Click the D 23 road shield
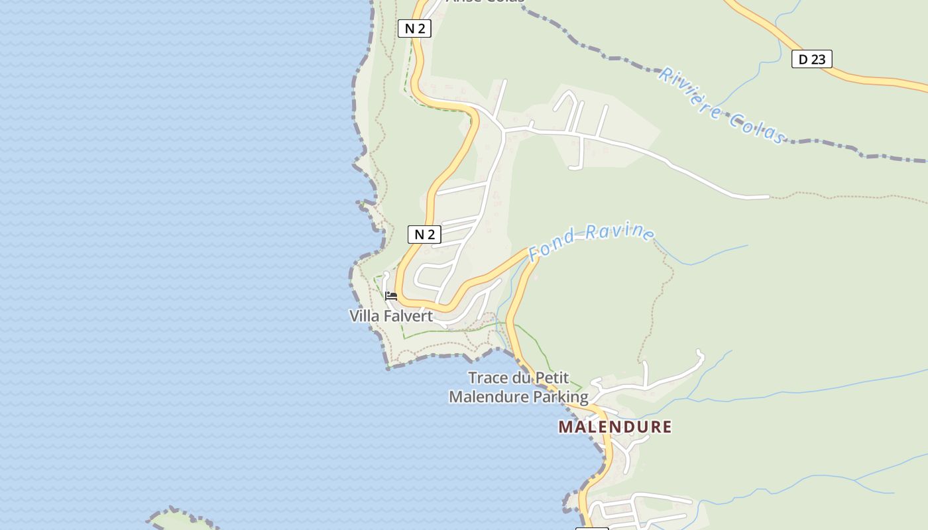(x=811, y=59)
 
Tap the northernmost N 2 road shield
(x=414, y=28)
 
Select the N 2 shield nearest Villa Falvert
(x=424, y=234)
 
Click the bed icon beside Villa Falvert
(x=391, y=295)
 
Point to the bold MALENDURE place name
(x=614, y=427)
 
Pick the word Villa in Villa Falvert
(x=365, y=316)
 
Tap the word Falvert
(x=408, y=316)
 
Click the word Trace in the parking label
(x=489, y=378)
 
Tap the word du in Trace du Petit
(x=522, y=378)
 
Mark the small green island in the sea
(x=182, y=520)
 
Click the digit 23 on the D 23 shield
(x=819, y=59)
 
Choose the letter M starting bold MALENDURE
(x=565, y=427)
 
